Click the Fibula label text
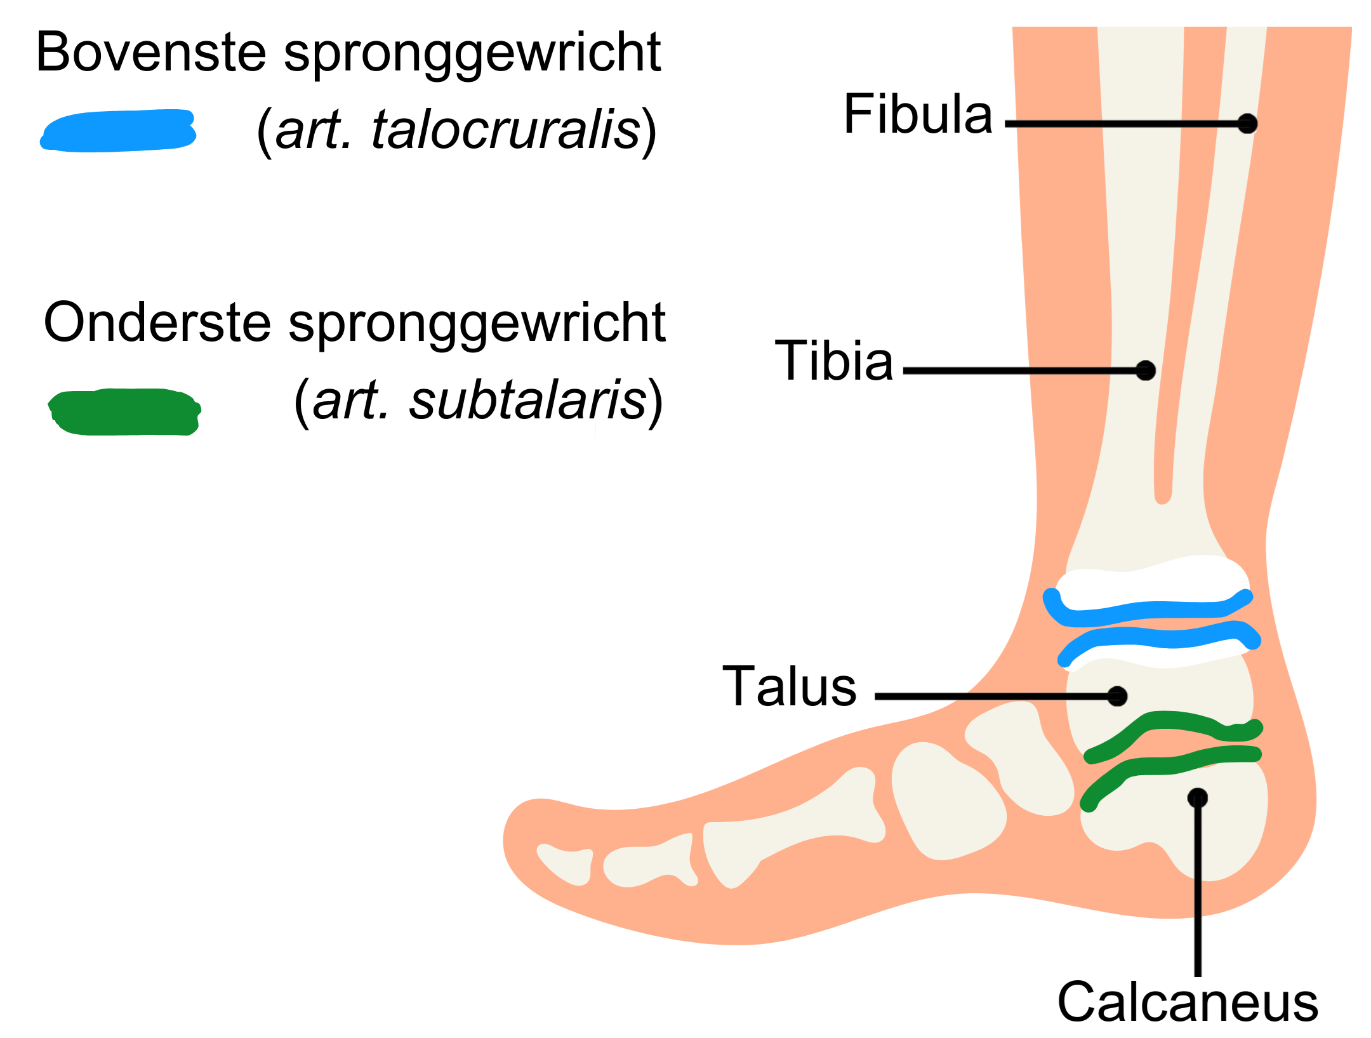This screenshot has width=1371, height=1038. [x=917, y=114]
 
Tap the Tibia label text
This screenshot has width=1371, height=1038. [x=833, y=361]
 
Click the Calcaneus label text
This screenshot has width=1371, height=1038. [x=1188, y=1002]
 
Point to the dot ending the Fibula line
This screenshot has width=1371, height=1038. [x=1247, y=123]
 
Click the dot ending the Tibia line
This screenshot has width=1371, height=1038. [x=1145, y=370]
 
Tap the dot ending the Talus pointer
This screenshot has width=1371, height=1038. [x=1117, y=696]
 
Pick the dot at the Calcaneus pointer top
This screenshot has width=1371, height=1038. [x=1197, y=797]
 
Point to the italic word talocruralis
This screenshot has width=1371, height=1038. [x=505, y=130]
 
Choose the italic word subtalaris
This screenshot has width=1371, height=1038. [x=527, y=401]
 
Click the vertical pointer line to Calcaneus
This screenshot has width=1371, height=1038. [x=1198, y=889]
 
